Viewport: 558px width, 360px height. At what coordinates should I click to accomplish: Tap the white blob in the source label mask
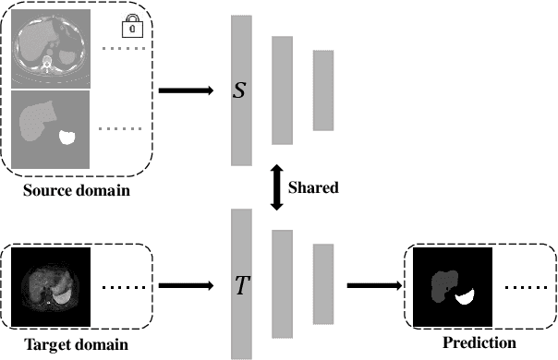67,138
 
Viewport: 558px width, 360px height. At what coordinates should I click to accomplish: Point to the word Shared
314,187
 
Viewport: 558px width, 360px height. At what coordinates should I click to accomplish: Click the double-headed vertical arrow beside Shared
275,187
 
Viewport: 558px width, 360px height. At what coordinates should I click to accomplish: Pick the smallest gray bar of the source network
322,89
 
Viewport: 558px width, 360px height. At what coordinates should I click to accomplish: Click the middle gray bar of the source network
282,90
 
